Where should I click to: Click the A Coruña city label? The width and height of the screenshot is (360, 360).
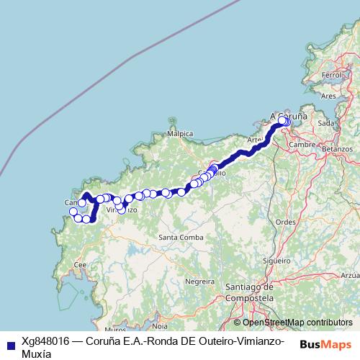pos(288,115)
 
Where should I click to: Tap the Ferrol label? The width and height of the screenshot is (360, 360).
pos(332,75)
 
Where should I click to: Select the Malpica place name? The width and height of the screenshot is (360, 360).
pos(180,134)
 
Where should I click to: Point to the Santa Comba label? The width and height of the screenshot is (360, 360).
pos(178,237)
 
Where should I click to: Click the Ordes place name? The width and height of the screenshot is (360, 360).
pos(286,222)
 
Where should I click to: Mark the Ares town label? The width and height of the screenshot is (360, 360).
pos(329,95)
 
